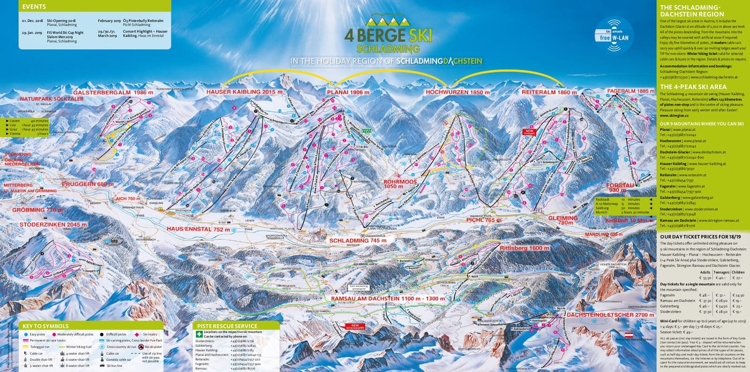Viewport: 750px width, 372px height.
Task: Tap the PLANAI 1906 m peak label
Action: point(349,93)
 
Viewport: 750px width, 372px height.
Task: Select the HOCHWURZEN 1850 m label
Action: point(457,93)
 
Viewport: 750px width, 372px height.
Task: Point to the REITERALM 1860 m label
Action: point(549,93)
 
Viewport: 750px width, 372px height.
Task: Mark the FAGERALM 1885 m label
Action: point(631,92)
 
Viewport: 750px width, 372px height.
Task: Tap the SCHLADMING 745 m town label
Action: point(358,241)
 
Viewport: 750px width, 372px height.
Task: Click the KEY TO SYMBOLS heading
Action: point(45,326)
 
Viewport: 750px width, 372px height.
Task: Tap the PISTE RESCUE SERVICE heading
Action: point(227,326)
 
